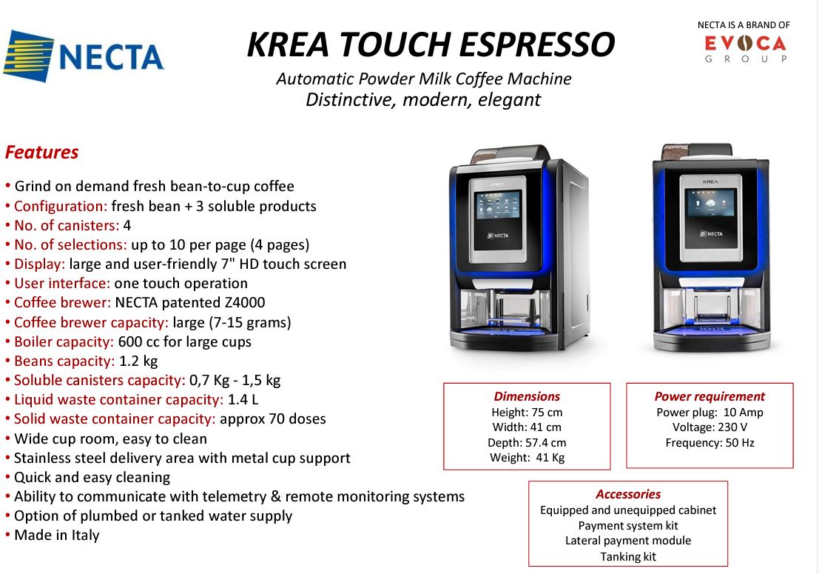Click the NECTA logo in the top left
[x=84, y=56]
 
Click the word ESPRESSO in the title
[x=537, y=44]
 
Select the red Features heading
[x=41, y=152]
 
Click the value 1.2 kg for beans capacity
[x=138, y=361]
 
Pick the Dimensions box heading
[x=527, y=396]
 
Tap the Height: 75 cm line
[x=527, y=412]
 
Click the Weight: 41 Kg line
[x=527, y=458]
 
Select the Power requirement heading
[x=710, y=396]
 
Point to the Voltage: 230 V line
[x=710, y=427]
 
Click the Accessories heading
[x=628, y=494]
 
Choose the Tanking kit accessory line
[x=628, y=557]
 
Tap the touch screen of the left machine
[x=498, y=204]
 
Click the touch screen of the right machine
[x=710, y=204]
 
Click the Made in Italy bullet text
[x=56, y=535]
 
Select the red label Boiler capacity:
[x=64, y=341]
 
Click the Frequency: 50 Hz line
[x=710, y=443]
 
